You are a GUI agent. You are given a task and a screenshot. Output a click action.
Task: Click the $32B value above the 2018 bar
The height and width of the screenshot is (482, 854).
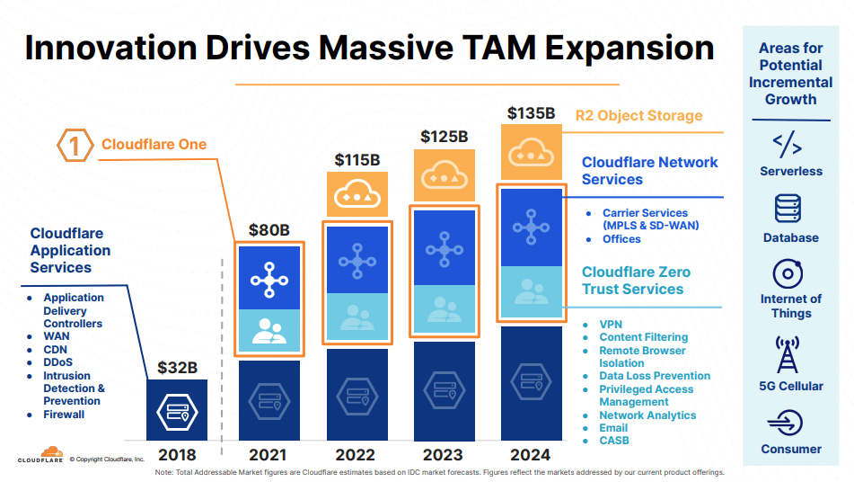(x=177, y=367)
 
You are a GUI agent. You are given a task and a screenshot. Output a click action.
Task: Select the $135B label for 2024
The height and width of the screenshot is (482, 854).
(x=533, y=113)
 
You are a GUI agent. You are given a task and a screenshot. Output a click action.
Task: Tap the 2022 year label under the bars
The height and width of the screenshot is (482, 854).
(x=356, y=454)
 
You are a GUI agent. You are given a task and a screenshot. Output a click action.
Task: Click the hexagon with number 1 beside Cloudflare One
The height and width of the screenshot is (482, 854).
(x=75, y=144)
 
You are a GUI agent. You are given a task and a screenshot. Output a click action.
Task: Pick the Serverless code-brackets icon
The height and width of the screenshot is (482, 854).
(x=788, y=144)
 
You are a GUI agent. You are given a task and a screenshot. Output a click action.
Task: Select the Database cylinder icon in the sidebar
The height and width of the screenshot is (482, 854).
(x=788, y=210)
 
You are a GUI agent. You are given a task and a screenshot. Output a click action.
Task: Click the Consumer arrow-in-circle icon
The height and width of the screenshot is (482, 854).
(x=788, y=422)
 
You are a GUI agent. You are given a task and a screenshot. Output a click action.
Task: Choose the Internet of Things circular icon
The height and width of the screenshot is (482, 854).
(x=788, y=273)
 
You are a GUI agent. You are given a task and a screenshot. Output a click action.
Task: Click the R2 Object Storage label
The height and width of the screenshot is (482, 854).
(x=638, y=115)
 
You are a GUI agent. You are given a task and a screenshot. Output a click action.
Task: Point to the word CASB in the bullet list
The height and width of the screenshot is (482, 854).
(x=614, y=441)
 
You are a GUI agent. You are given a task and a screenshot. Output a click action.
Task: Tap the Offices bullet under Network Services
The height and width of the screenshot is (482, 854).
(x=621, y=239)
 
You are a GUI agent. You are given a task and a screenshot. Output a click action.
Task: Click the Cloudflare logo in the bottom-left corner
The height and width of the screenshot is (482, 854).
(x=40, y=456)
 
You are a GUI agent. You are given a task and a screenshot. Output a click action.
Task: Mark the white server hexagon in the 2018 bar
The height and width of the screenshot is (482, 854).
(x=176, y=412)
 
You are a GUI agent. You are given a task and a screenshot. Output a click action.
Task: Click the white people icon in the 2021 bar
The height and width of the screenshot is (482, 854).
(x=269, y=329)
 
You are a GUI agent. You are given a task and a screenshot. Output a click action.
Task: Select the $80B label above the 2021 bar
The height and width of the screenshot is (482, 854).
(x=269, y=229)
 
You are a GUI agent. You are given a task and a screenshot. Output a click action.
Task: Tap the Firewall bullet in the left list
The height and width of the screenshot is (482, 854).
(x=64, y=415)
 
